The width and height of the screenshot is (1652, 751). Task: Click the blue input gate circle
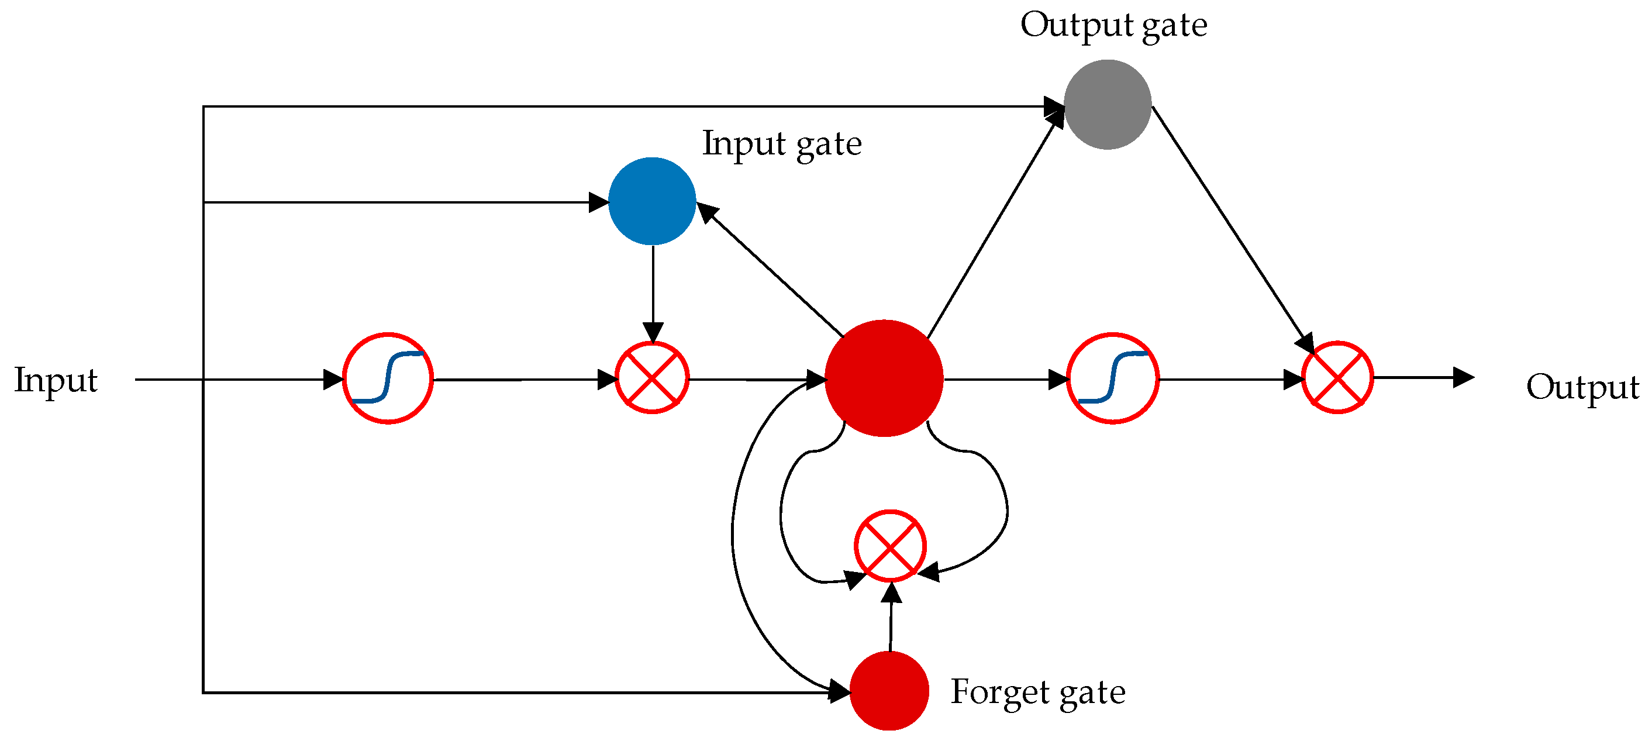tap(651, 201)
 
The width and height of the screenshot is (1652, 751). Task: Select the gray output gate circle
tap(1108, 105)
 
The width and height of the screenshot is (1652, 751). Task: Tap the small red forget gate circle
tap(889, 691)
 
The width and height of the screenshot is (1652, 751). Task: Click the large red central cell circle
tap(884, 378)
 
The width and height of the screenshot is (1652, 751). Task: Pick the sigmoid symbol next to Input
tap(388, 378)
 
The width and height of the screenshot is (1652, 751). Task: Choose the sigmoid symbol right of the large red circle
tap(1113, 378)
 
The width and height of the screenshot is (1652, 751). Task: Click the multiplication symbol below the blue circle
tap(651, 378)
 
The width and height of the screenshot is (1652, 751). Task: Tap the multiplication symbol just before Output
tap(1337, 377)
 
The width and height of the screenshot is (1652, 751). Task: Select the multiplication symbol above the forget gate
tap(889, 546)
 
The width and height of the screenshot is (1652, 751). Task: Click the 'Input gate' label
tap(781, 144)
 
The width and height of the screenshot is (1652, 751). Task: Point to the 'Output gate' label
tap(1113, 26)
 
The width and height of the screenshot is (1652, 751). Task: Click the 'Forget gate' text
tap(1037, 692)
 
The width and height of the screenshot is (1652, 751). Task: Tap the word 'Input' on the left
tap(56, 380)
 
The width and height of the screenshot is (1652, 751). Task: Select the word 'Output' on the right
tap(1582, 387)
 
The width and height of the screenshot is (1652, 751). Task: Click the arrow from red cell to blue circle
tap(770, 270)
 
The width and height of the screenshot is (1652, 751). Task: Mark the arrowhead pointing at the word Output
tap(1464, 378)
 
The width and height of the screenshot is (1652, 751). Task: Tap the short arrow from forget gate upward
tap(891, 619)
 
